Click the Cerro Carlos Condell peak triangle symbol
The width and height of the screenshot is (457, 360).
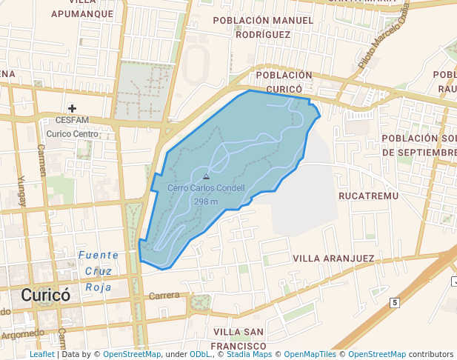pyautogui.click(x=206, y=177)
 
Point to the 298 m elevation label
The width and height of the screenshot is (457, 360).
pyautogui.click(x=206, y=201)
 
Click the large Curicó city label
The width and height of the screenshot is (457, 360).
pyautogui.click(x=46, y=295)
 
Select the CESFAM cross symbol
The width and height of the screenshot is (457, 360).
pyautogui.click(x=72, y=108)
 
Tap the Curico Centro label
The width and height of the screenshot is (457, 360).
pyautogui.click(x=72, y=134)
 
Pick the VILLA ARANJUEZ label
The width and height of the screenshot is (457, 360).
pyautogui.click(x=333, y=258)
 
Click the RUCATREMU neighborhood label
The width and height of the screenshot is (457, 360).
pyautogui.click(x=368, y=196)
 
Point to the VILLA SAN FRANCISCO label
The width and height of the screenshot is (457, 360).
pyautogui.click(x=238, y=339)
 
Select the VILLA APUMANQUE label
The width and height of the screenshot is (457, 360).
pyautogui.click(x=83, y=8)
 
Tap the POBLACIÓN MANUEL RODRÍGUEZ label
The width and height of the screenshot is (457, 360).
pyautogui.click(x=263, y=27)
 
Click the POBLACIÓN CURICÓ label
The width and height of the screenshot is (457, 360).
pyautogui.click(x=284, y=81)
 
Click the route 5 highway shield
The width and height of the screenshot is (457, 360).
pyautogui.click(x=396, y=302)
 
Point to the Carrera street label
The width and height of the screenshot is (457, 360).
pyautogui.click(x=164, y=296)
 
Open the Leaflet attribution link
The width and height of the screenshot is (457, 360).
pyautogui.click(x=41, y=355)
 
